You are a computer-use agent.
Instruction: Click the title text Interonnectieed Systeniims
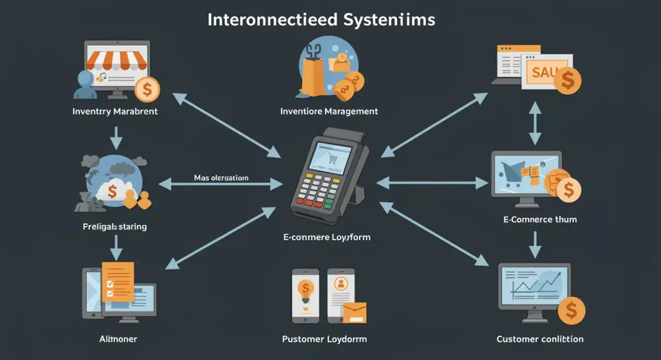321,20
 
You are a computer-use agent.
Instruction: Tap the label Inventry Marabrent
115,111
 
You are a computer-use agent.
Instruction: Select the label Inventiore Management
329,111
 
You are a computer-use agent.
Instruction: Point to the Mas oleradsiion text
221,178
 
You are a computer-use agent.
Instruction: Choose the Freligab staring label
115,226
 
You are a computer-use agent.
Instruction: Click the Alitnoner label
115,339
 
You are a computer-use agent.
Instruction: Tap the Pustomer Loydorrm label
324,339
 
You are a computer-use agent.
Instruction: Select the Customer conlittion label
539,339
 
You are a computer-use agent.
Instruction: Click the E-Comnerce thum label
539,219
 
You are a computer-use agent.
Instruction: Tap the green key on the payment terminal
329,204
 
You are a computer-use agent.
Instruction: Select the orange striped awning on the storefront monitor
117,59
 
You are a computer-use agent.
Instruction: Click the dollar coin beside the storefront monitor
147,89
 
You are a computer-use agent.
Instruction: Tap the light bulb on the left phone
305,290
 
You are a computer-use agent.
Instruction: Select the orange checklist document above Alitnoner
118,281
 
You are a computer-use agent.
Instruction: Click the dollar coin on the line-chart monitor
571,311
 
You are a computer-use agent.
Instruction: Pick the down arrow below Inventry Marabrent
116,138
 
